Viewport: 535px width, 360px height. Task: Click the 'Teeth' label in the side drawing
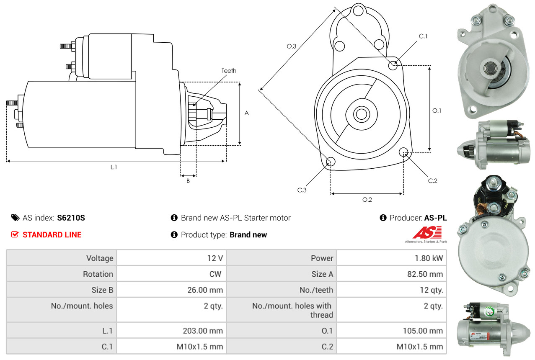tap(229, 71)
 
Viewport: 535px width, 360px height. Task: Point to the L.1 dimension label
tap(114, 167)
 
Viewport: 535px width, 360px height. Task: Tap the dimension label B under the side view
tap(188, 181)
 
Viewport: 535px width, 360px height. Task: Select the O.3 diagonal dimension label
tap(292, 46)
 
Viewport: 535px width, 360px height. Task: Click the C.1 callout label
tap(423, 36)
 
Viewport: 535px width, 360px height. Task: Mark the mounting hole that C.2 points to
tap(403, 152)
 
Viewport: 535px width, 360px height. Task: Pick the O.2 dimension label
tap(367, 200)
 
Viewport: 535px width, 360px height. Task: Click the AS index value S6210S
tap(71, 218)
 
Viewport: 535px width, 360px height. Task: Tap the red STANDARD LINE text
tap(52, 235)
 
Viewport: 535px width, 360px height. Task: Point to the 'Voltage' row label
tap(100, 258)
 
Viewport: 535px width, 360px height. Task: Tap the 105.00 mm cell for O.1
tap(422, 331)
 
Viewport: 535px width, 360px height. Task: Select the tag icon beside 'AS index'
tap(15, 218)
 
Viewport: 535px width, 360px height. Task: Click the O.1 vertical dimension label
tap(437, 111)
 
